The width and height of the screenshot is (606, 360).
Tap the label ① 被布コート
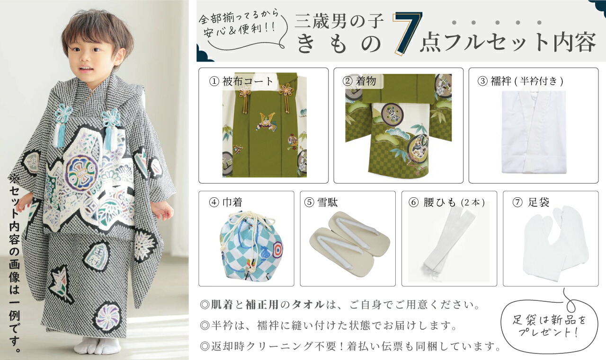point(242,81)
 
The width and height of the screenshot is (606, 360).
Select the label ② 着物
point(359,81)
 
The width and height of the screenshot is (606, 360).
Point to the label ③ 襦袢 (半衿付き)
point(520,81)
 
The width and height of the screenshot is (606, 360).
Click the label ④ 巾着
point(226,202)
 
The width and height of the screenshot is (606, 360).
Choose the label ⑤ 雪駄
point(321,202)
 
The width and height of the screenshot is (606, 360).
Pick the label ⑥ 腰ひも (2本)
point(446,202)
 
